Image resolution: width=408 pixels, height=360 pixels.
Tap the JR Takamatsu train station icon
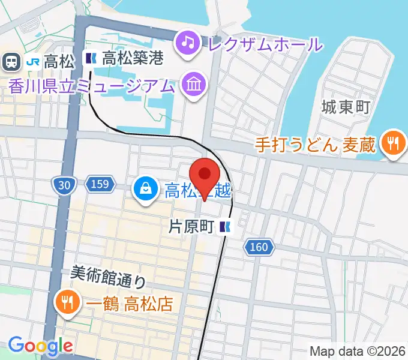tap(10, 60)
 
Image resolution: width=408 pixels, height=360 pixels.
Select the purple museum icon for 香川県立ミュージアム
tap(194, 85)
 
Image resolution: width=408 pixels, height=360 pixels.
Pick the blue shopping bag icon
tap(146, 191)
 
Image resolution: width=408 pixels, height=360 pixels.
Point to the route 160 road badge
tap(259, 246)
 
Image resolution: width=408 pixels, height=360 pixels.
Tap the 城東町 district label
tap(345, 109)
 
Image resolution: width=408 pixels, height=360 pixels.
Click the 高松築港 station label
tap(133, 59)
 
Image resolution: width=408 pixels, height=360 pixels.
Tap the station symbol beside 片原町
tap(226, 227)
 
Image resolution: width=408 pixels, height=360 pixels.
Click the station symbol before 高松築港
tap(91, 59)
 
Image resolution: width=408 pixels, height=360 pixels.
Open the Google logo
tap(40, 346)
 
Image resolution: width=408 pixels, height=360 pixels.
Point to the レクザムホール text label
tap(264, 43)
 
